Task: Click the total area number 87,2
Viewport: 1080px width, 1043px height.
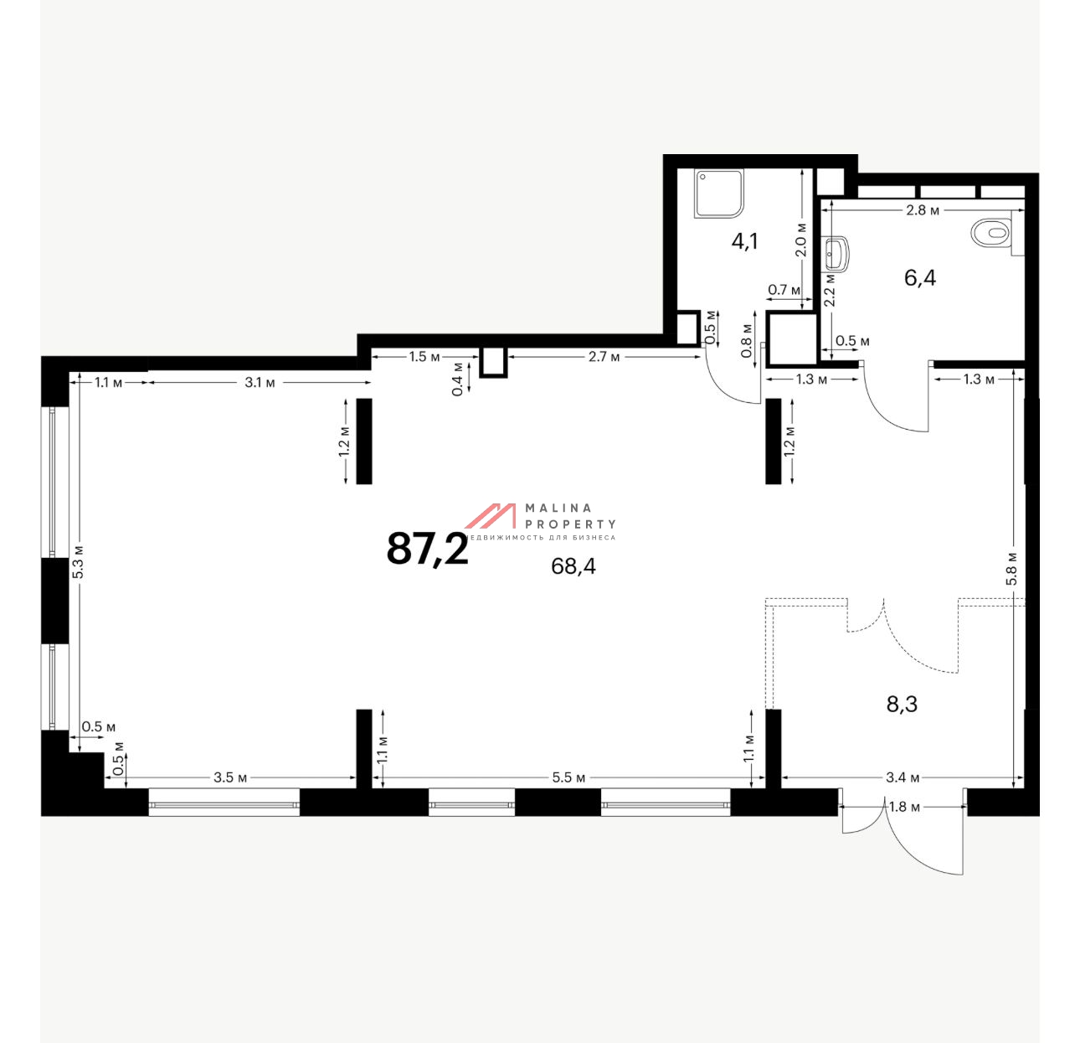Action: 427,548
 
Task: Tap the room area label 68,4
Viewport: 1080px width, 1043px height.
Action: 573,566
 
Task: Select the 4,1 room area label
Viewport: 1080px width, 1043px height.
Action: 744,241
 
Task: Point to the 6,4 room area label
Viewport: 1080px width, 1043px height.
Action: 919,277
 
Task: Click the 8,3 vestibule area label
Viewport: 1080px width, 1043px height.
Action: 902,705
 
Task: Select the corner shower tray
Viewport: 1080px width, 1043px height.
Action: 718,194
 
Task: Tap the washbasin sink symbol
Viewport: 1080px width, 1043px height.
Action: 837,255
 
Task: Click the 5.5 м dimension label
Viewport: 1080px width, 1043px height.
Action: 568,777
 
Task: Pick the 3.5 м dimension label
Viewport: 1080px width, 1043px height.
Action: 230,777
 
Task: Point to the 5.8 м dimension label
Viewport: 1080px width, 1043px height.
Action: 1011,568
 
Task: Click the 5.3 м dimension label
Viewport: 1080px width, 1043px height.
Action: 78,561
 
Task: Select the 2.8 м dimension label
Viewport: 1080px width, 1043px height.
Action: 923,210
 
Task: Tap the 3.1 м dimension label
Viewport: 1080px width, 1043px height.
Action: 260,383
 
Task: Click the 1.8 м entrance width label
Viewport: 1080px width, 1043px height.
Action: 905,807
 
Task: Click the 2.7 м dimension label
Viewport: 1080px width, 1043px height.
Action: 604,357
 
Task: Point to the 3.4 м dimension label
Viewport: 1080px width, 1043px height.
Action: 903,777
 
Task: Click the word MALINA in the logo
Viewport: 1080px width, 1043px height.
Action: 558,508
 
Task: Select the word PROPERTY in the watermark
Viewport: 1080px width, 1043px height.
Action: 570,524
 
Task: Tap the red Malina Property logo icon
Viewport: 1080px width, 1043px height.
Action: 491,515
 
